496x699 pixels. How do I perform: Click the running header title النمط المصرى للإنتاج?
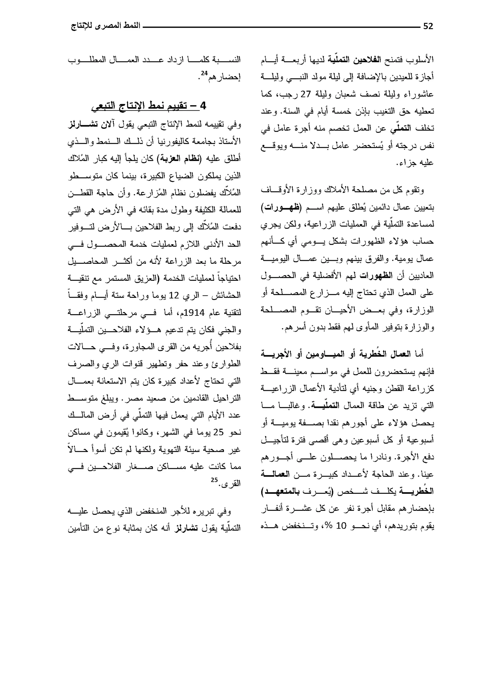(106, 26)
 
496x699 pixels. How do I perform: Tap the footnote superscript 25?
(214, 480)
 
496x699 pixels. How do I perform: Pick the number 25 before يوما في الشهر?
(218, 432)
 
